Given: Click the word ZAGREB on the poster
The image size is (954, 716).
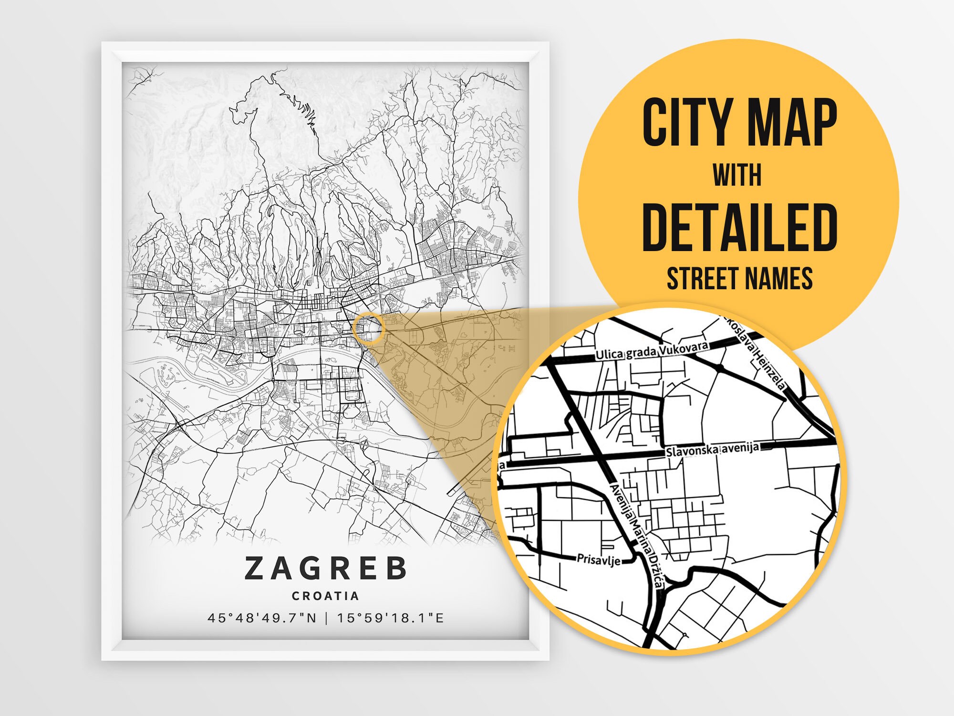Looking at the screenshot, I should click(326, 568).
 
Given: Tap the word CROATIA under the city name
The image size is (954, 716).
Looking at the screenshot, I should click(326, 596).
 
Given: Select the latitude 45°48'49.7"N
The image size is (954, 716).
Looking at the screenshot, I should click(262, 618).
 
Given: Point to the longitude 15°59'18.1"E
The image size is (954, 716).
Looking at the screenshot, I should click(391, 618).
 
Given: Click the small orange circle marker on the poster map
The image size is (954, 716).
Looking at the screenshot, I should click(368, 328).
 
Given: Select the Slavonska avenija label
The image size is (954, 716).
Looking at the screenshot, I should click(712, 449).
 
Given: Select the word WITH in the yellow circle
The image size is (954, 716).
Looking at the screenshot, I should click(737, 175).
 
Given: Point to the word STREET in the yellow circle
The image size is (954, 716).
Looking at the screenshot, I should click(701, 278).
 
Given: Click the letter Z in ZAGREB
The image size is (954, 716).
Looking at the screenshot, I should click(254, 568).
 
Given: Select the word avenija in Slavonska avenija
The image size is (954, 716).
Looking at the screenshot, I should click(740, 448).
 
